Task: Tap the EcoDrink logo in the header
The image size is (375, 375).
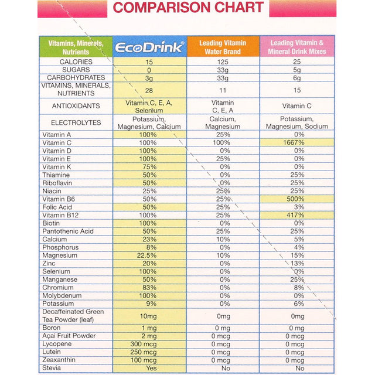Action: click(149, 47)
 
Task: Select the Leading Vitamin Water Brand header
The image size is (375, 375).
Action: click(223, 47)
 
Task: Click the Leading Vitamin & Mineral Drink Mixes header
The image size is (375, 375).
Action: click(297, 47)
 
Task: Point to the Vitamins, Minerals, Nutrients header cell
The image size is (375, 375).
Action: click(76, 47)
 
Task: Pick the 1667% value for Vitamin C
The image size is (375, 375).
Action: click(297, 142)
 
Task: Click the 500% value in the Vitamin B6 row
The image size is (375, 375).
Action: click(297, 199)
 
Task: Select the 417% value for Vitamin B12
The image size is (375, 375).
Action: click(297, 216)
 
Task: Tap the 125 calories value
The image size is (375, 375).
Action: click(223, 62)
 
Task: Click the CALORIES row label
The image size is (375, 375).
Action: click(76, 62)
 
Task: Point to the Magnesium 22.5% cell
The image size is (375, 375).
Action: click(149, 255)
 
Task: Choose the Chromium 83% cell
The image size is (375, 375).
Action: click(149, 288)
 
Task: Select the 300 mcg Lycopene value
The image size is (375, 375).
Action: click(149, 344)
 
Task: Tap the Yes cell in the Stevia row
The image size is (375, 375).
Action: click(149, 369)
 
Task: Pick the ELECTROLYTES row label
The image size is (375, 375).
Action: click(76, 123)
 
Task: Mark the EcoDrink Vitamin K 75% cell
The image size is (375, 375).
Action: click(149, 167)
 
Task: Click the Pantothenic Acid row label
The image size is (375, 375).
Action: click(67, 231)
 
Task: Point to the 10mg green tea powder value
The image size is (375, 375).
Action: click(149, 316)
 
